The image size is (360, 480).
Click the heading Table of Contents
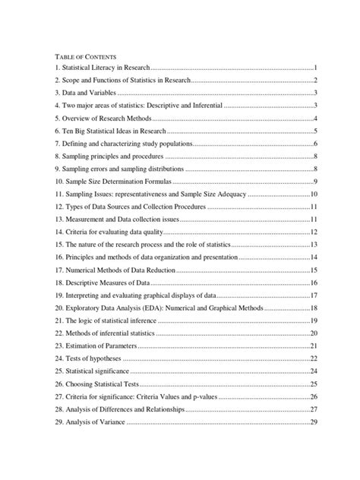[83, 56]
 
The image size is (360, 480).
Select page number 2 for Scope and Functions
[314, 81]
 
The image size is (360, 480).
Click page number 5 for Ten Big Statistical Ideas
[314, 131]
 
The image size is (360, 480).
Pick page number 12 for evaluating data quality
[313, 232]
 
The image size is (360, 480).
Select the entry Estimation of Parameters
[94, 346]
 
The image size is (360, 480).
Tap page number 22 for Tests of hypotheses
[313, 358]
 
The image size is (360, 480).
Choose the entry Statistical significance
[92, 371]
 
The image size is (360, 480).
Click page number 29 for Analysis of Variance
[313, 422]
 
